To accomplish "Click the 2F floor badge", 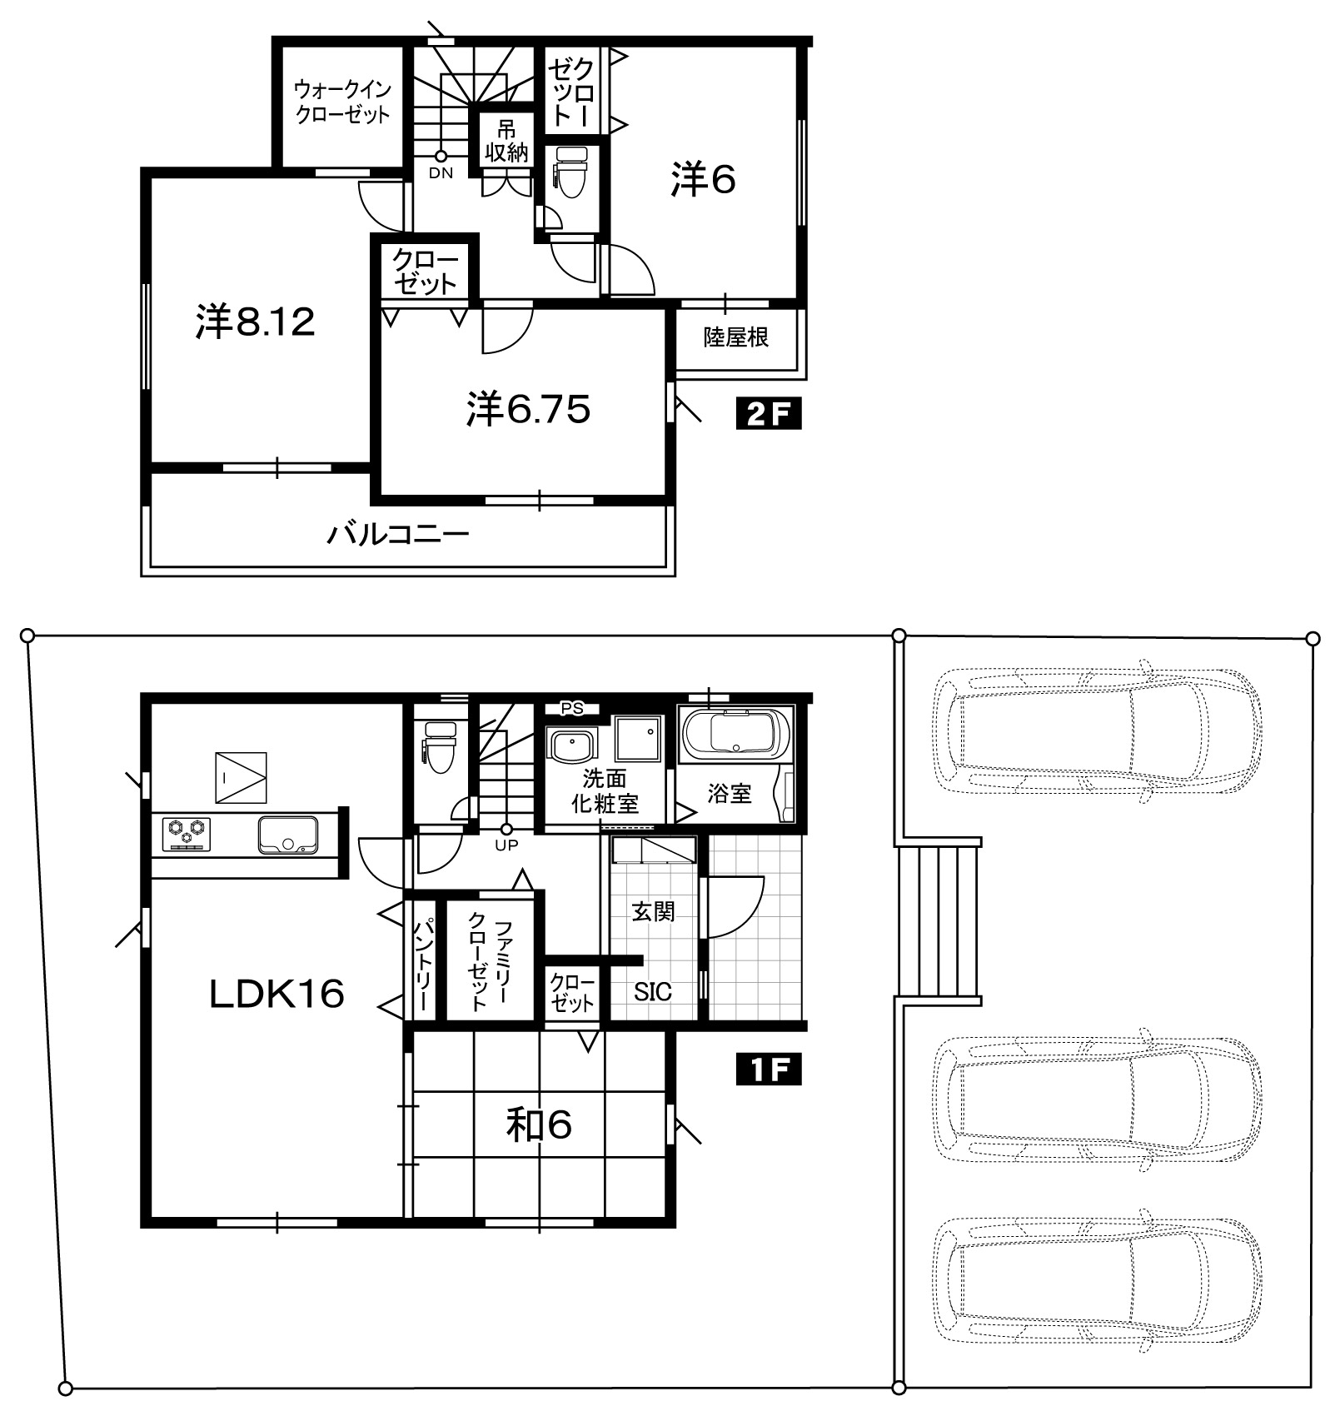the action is pos(768,414).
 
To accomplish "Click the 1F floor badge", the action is pos(768,1070).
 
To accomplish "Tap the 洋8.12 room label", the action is pos(256,322).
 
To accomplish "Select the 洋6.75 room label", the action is pos(529,409).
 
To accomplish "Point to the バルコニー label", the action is pos(398,534).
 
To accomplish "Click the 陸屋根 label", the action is pos(736,337).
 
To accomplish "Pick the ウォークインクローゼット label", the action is pos(342,102).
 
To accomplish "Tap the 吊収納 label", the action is pos(506,142).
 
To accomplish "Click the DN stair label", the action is pos(441,173).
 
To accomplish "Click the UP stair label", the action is pos(506,845).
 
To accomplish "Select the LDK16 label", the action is pos(276,994).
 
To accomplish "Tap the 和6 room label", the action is pos(539,1126).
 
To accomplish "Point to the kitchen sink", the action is pos(288,835).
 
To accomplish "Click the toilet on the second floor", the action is pos(571,172).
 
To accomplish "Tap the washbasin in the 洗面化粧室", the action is pos(570,744).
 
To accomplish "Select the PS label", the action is pos(571,709).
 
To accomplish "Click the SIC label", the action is pos(653,991).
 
